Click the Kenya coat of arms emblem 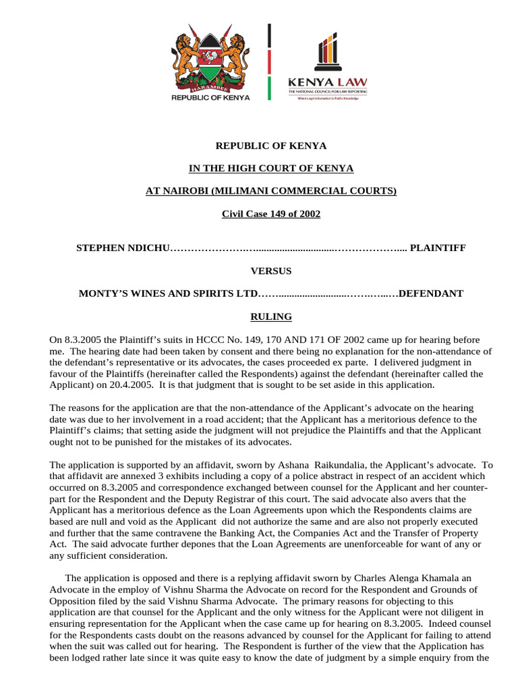click(210, 59)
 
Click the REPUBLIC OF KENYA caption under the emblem click(210, 97)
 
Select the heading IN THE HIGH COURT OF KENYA click(271, 168)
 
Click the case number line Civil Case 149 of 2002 click(271, 214)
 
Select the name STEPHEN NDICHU click(123, 248)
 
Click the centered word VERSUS click(271, 271)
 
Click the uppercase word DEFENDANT click(431, 294)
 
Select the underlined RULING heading click(271, 316)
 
